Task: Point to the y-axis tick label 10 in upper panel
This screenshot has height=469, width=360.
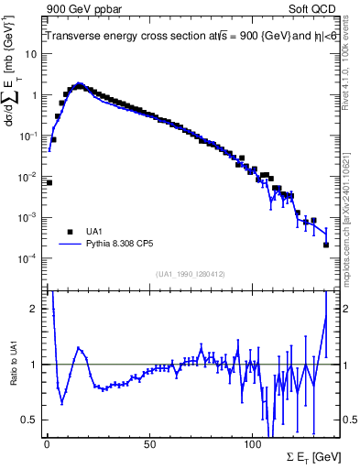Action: [x=31, y=54]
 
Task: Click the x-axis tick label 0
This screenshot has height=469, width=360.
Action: [x=47, y=444]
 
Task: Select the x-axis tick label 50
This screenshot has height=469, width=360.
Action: [x=148, y=444]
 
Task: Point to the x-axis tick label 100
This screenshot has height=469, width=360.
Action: [x=251, y=444]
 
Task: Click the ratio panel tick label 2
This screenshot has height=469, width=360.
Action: [x=34, y=309]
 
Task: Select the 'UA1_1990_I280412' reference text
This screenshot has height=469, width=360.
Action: [x=191, y=274]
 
